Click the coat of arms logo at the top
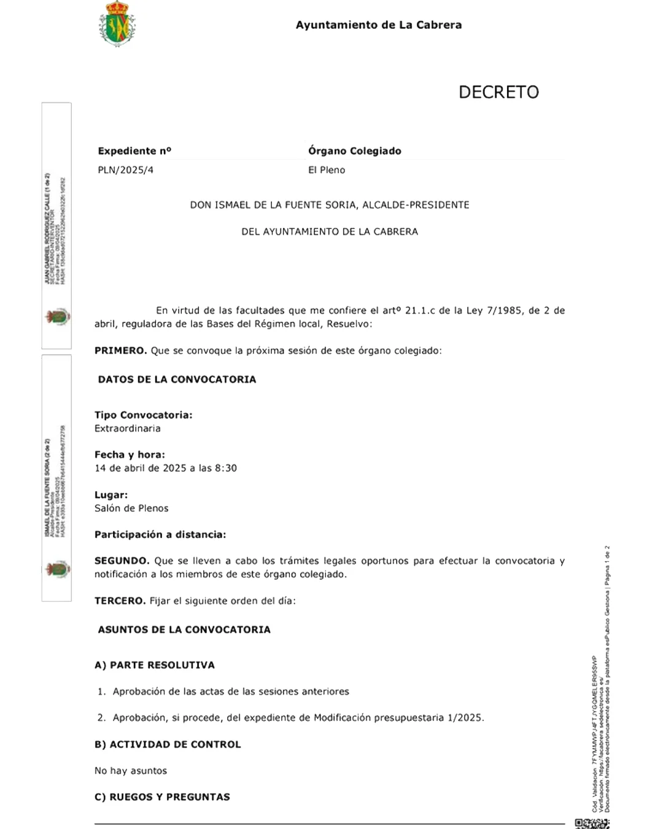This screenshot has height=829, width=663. [117, 24]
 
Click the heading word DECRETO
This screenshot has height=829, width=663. [498, 92]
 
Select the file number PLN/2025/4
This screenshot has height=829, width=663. [126, 170]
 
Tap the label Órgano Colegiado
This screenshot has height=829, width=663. [354, 151]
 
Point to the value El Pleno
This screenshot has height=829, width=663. [327, 170]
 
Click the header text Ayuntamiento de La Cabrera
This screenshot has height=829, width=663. [379, 25]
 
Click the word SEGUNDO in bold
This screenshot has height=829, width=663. [122, 561]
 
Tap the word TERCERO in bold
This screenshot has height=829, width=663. [120, 601]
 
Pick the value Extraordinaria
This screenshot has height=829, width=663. [128, 429]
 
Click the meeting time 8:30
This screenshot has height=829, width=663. [225, 468]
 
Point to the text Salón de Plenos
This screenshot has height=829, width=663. [131, 508]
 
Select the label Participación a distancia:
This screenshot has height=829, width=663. [160, 535]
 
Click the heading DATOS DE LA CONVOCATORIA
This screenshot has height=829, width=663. [177, 379]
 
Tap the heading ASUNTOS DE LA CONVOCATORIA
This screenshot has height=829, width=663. [184, 629]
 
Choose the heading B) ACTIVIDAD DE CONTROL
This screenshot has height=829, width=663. [168, 744]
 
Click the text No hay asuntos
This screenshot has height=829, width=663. [131, 771]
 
